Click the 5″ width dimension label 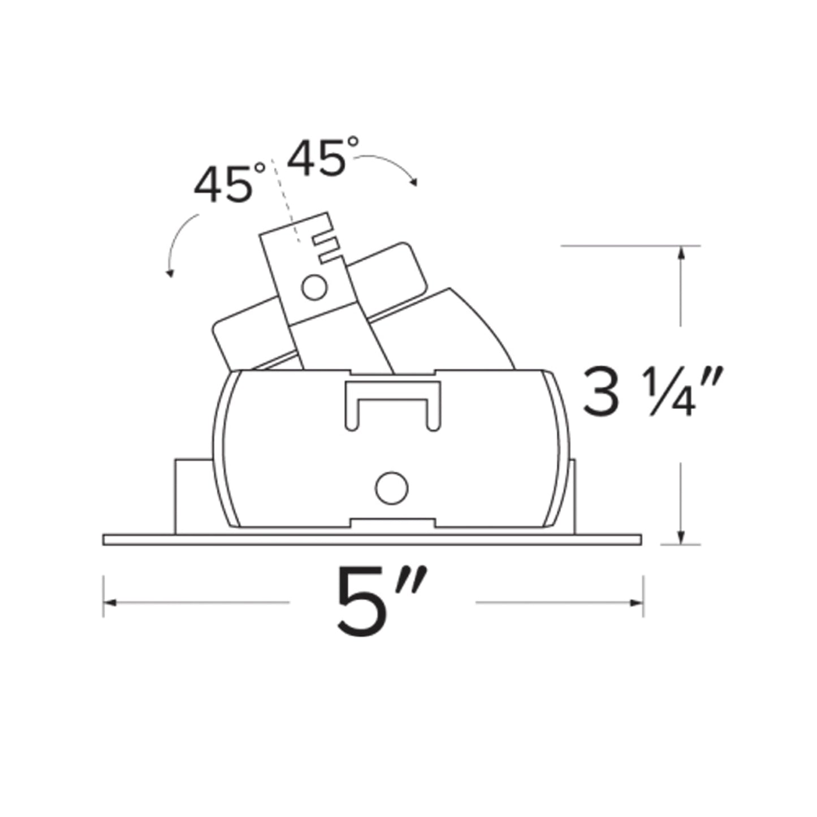380,602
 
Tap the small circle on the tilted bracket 314,288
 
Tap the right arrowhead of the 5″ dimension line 637,603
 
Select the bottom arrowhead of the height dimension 682,538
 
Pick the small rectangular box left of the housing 192,495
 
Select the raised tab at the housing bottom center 392,522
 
